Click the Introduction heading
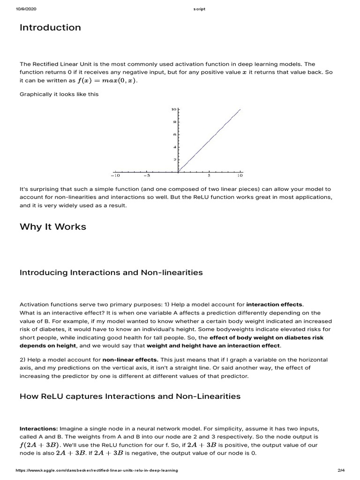[x=50, y=28]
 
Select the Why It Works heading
[x=53, y=227]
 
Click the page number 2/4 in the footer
[x=341, y=470]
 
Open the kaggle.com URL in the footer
[x=97, y=470]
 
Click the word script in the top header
[x=199, y=9]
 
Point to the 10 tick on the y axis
[x=173, y=109]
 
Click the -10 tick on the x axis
[x=114, y=176]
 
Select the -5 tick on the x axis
[x=146, y=176]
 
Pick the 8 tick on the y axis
[x=174, y=122]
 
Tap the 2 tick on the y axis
[x=175, y=160]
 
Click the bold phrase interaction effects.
[x=275, y=304]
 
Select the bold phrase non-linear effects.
[x=130, y=360]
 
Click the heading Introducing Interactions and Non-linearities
[x=111, y=272]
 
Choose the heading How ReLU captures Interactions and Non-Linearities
[x=130, y=397]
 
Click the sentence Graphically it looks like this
[x=59, y=94]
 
